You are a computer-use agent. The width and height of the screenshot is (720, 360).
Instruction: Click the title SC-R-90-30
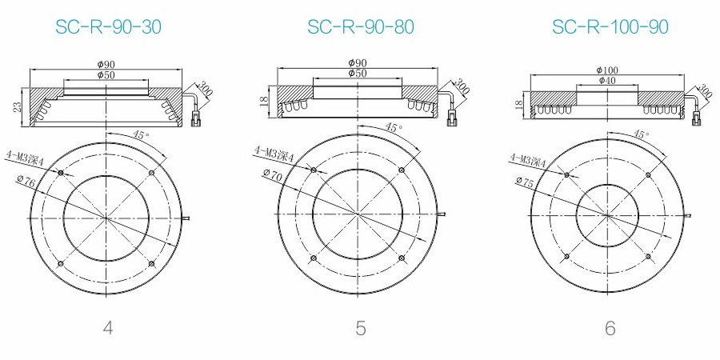click(x=108, y=27)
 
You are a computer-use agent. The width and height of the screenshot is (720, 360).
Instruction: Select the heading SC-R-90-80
click(x=361, y=27)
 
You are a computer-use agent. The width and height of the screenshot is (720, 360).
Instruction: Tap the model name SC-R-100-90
click(x=610, y=27)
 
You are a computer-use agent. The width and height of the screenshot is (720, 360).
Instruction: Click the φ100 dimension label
click(x=607, y=70)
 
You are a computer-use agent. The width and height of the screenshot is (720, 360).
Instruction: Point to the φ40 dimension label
click(x=607, y=80)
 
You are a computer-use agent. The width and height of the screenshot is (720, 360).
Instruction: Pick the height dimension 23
click(x=17, y=107)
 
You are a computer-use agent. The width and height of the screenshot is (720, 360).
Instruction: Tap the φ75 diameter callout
click(x=524, y=181)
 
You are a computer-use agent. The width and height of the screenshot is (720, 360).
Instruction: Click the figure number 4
click(x=108, y=328)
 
